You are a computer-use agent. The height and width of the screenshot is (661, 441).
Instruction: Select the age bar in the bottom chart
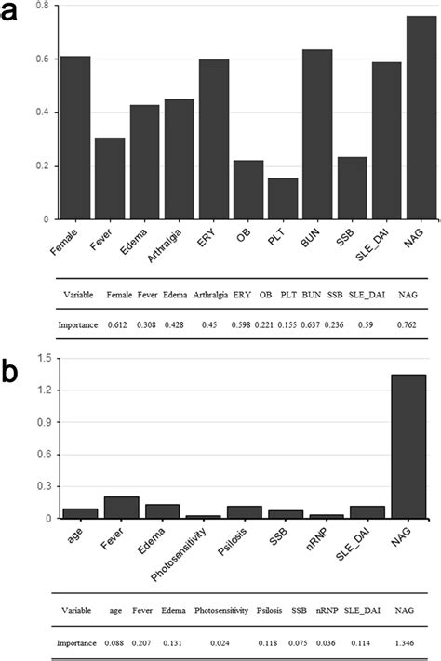[79, 512]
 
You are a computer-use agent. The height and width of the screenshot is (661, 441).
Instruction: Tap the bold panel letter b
[12, 372]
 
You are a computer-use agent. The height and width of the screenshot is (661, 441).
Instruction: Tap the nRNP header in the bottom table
[325, 611]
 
